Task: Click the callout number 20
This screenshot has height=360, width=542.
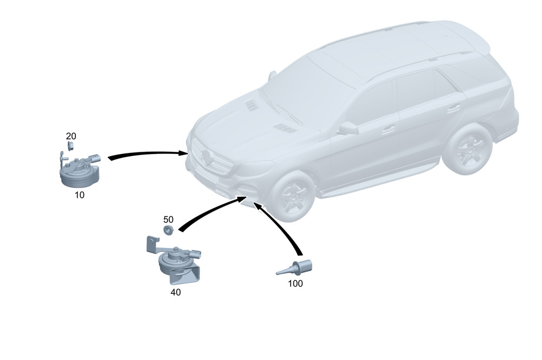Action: pos(71,136)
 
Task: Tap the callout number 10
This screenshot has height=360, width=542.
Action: pos(80,195)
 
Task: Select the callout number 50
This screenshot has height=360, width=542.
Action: pos(169,219)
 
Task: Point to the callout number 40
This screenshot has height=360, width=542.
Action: pos(176,292)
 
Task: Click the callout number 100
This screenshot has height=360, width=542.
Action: pos(295,283)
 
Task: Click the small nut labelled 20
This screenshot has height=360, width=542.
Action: pos(70,146)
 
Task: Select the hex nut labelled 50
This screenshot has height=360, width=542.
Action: pos(169,230)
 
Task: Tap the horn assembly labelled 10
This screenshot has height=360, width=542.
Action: pos(80,170)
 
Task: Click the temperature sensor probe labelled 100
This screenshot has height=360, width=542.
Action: pos(294,268)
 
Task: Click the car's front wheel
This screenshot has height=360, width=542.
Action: pos(293,196)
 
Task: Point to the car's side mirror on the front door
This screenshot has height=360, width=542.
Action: pos(347,128)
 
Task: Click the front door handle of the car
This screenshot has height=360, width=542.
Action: pos(388,130)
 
